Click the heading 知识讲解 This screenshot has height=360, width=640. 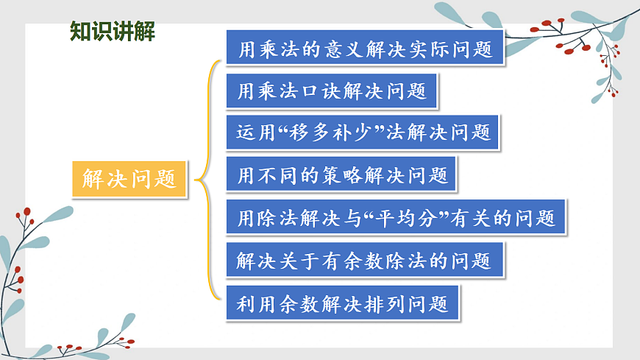click(x=112, y=32)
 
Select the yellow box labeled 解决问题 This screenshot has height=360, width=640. click(x=129, y=178)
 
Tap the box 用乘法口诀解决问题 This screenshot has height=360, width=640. click(x=333, y=91)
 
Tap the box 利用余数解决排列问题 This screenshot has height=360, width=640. click(x=343, y=303)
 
